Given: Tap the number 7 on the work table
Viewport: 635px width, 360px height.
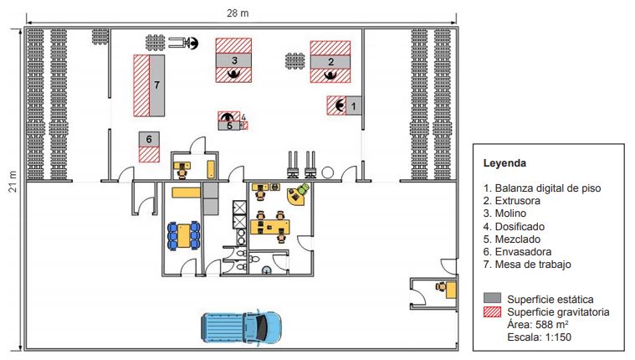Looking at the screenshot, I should click(x=156, y=85).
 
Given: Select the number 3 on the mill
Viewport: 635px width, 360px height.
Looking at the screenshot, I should click(x=235, y=60).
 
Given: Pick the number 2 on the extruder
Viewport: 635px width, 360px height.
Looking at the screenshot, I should click(x=330, y=61).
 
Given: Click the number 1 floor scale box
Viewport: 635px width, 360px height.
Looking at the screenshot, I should click(x=353, y=106).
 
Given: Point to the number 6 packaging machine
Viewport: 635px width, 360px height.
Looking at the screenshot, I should click(x=149, y=139).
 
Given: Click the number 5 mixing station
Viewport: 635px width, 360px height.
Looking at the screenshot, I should click(x=228, y=126).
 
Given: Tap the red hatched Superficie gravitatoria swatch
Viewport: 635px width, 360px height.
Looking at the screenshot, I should click(x=493, y=311).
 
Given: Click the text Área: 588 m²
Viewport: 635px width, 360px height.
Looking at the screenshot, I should click(x=537, y=325).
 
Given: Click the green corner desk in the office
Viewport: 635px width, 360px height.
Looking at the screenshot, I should click(x=297, y=194).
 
